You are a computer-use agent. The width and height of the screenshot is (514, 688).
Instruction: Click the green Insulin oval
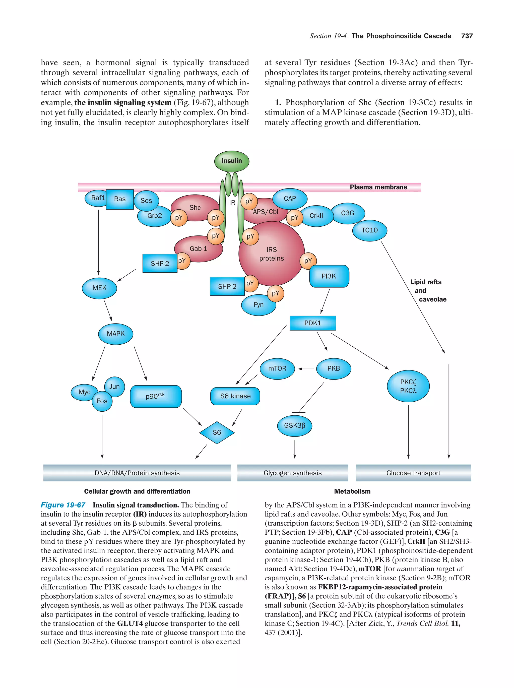(231, 161)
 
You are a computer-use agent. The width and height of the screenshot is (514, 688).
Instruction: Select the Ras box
(120, 199)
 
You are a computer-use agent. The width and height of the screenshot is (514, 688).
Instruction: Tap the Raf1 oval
(96, 198)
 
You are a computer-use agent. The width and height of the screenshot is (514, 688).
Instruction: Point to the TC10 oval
(369, 230)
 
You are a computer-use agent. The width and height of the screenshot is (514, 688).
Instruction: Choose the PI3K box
(329, 276)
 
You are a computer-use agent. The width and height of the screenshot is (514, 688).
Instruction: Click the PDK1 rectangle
(312, 323)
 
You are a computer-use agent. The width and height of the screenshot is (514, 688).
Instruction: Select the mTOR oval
(277, 368)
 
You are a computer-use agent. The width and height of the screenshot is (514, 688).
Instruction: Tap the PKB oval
(333, 368)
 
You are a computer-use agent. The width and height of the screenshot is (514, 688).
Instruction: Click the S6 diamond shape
(217, 432)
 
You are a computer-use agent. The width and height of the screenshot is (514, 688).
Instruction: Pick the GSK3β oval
(294, 425)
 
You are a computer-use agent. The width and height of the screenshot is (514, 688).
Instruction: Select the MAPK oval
(116, 334)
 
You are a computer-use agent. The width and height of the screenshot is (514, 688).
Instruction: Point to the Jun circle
(114, 386)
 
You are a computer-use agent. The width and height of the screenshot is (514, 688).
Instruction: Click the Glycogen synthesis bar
(292, 473)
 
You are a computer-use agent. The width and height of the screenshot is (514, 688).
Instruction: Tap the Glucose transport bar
(413, 473)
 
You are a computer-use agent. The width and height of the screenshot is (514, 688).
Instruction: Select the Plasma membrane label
(378, 187)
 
